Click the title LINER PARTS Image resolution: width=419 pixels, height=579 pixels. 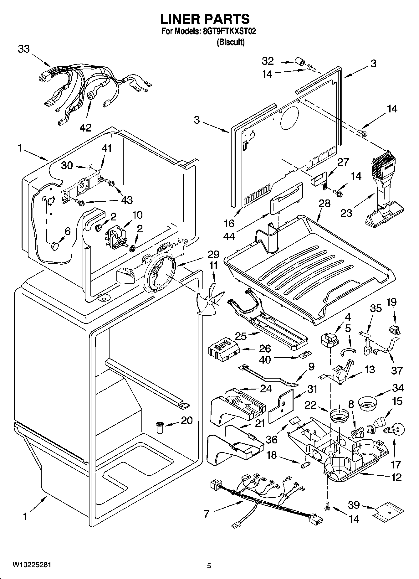tap(205, 19)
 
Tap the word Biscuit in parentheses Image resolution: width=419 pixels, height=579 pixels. tap(231, 42)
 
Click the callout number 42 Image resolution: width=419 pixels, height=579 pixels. tap(85, 127)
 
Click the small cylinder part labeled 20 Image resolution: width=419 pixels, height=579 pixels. tap(160, 427)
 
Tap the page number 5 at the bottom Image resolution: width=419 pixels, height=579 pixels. tap(209, 566)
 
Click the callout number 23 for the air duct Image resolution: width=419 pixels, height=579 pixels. tap(346, 213)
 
